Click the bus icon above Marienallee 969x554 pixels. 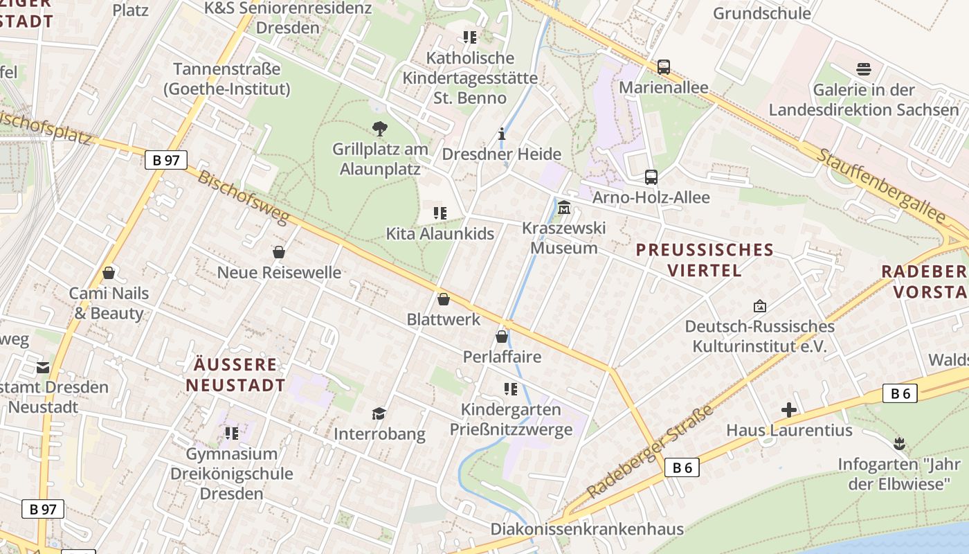pos(664,67)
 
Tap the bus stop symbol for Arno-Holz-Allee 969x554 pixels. pos(651,177)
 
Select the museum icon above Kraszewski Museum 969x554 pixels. pos(564,207)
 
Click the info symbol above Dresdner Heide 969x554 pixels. pos(502,134)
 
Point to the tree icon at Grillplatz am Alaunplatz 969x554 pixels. pos(379,128)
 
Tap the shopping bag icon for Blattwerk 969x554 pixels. pos(444,299)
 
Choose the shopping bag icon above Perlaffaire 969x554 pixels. pos(502,337)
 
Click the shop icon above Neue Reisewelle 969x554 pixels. pos(279,252)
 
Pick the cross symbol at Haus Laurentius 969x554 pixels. pos(789,410)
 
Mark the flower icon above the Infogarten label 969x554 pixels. pos(899,443)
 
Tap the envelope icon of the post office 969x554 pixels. pos(43,367)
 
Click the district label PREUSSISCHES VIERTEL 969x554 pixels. pos(705,260)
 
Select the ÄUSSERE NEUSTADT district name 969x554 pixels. pos(235,375)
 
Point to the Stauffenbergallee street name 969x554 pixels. pos(880,185)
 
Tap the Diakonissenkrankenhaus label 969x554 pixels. pos(587,529)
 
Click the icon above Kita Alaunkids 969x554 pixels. pos(440,213)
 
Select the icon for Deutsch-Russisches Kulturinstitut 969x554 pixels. pos(759,305)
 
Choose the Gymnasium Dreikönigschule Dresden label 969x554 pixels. pos(231,474)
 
